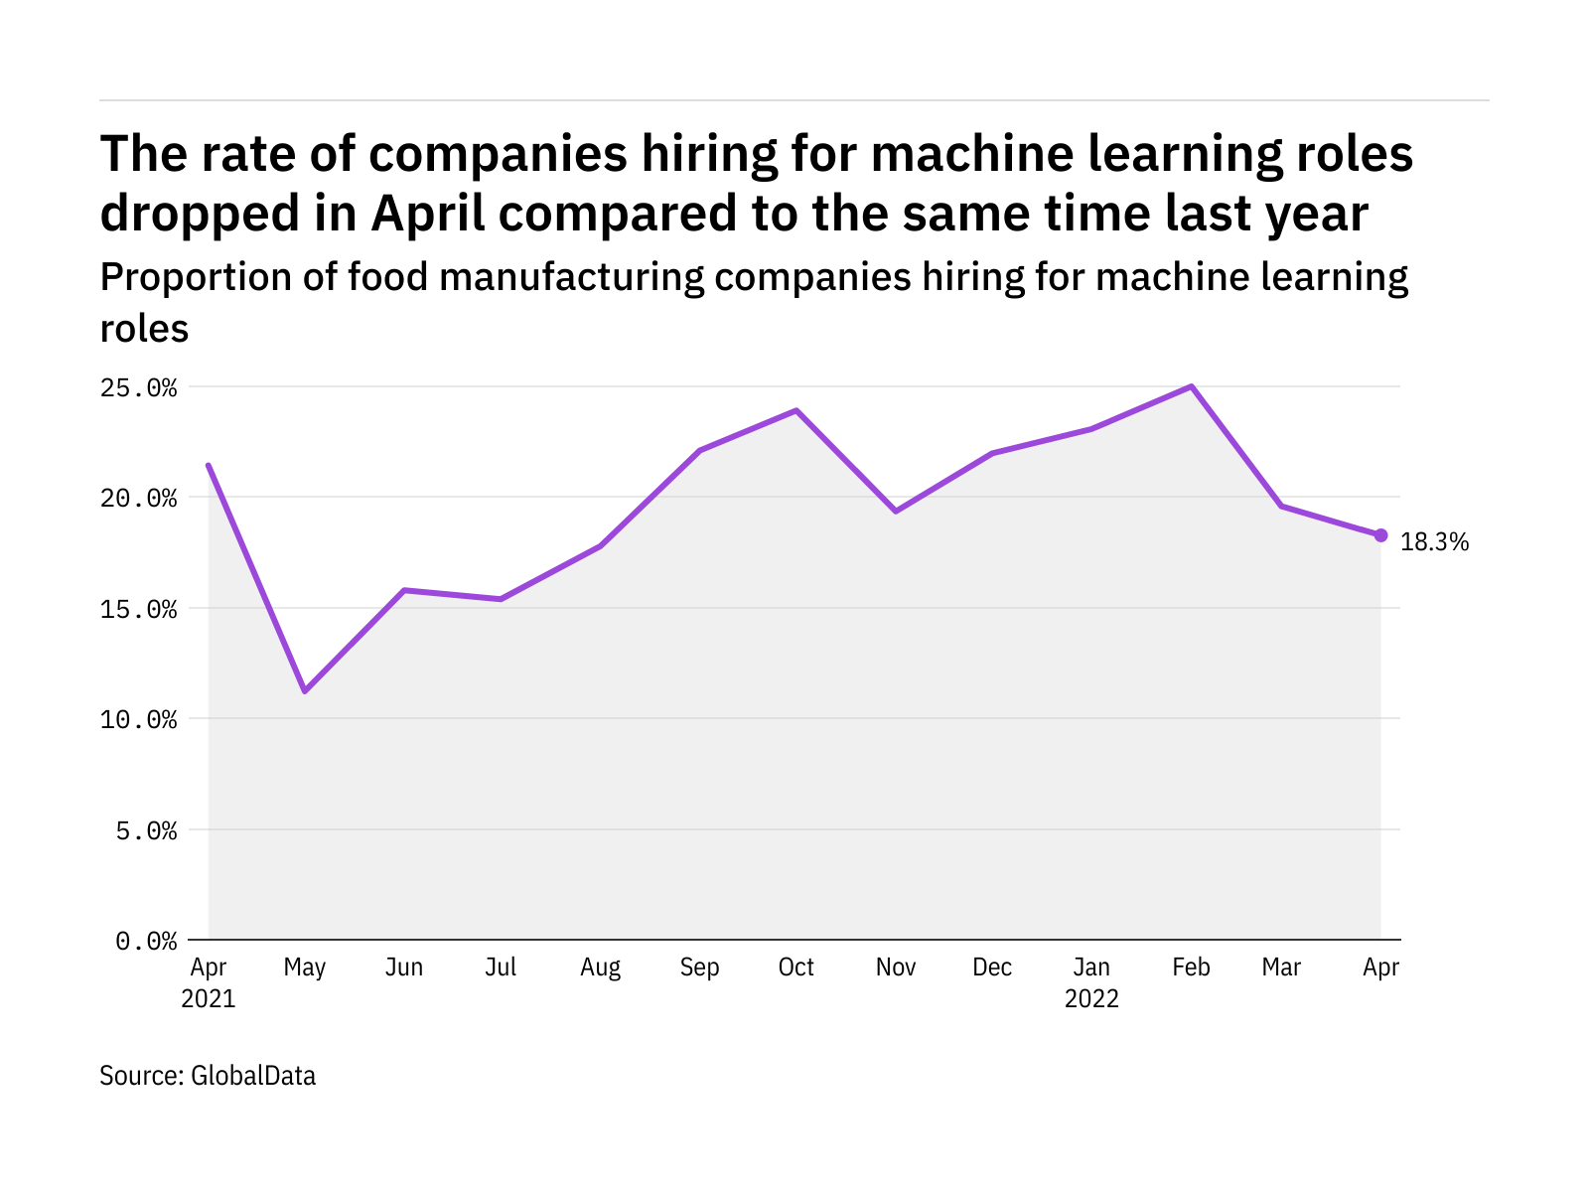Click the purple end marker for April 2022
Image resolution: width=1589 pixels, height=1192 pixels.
(x=1380, y=535)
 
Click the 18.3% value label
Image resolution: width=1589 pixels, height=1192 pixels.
(x=1434, y=542)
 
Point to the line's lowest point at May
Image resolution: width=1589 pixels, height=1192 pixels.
(x=305, y=690)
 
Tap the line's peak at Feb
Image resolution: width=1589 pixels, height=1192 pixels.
(x=1191, y=386)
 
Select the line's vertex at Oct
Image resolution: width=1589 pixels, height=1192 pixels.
(x=796, y=410)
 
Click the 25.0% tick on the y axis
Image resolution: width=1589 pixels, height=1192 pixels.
(x=138, y=387)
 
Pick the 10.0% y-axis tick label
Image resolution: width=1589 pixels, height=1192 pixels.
(x=138, y=719)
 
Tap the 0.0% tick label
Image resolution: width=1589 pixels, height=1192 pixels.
(x=146, y=941)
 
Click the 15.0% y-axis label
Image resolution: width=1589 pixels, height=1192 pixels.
(x=138, y=609)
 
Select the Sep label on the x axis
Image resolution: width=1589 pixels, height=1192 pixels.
(x=699, y=968)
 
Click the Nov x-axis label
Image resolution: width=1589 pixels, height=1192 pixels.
(x=896, y=968)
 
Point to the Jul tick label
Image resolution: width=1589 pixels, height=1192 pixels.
(x=501, y=968)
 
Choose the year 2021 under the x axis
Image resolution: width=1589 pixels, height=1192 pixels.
(x=209, y=998)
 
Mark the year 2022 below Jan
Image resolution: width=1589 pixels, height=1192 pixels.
(x=1091, y=998)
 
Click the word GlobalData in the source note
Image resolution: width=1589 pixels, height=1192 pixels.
(x=253, y=1076)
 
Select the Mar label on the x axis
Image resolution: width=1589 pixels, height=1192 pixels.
(x=1281, y=968)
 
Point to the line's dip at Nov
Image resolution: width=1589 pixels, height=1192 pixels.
(x=896, y=511)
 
